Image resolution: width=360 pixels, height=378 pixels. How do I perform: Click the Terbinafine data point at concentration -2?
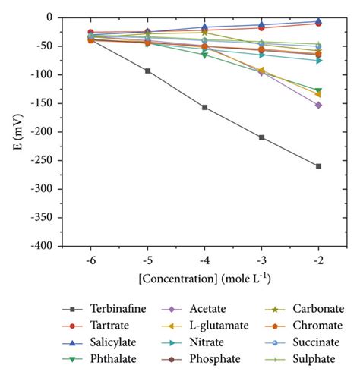(x=318, y=166)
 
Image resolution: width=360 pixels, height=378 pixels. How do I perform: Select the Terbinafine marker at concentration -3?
(x=261, y=137)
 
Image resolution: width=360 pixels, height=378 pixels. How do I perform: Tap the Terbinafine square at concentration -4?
(x=204, y=107)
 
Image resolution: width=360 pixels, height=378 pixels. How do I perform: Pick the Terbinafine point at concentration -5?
(x=147, y=71)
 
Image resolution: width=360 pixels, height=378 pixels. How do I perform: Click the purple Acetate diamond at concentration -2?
(x=318, y=105)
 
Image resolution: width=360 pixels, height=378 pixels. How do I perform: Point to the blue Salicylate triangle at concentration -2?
(x=318, y=21)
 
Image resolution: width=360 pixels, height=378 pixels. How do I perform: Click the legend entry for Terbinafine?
(x=106, y=309)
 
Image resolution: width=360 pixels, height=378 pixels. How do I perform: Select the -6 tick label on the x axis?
(x=90, y=258)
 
